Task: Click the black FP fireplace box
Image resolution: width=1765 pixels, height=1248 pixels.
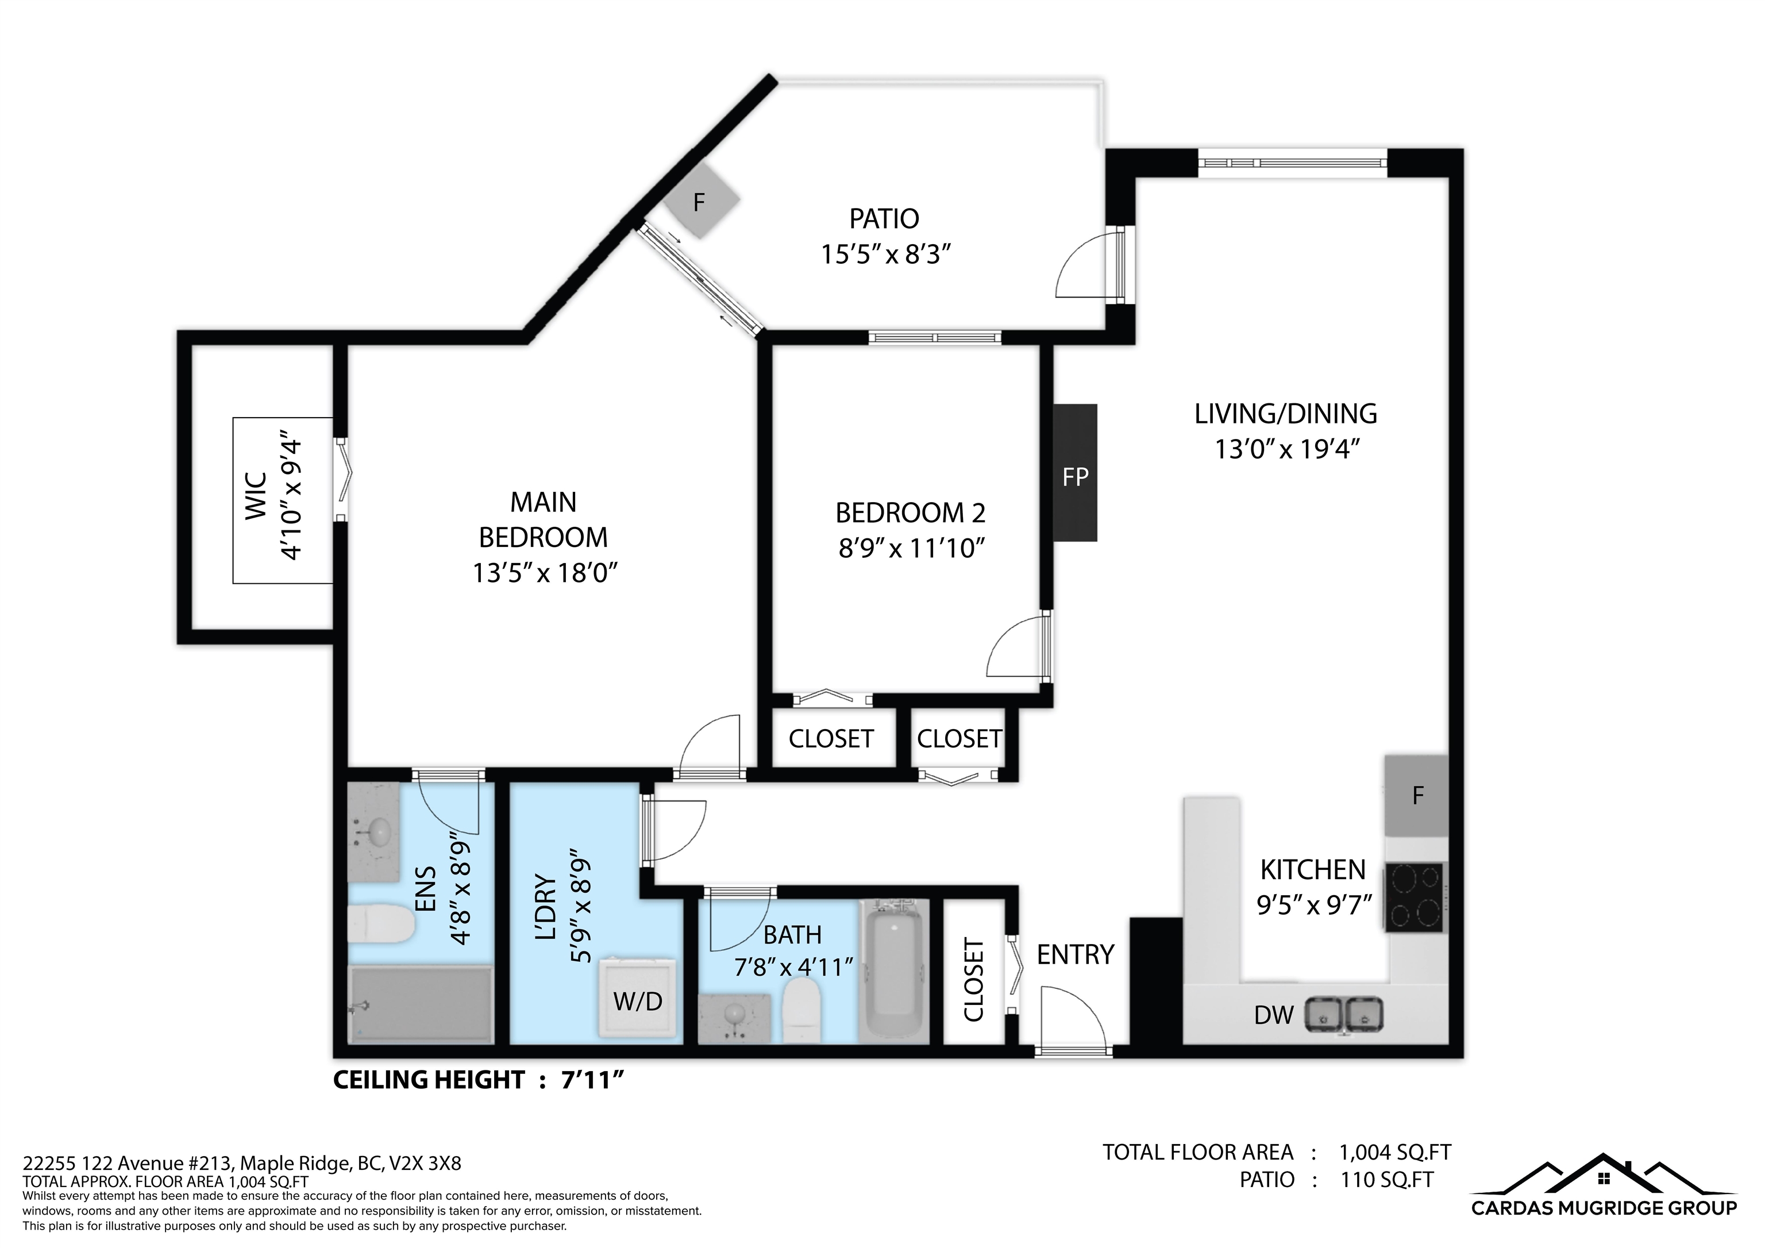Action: click(1074, 473)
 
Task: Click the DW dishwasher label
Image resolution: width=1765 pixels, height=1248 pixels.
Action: click(1274, 1015)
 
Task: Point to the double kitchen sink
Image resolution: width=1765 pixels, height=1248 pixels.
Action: click(1344, 1014)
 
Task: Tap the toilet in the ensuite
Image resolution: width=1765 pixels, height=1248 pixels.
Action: click(381, 923)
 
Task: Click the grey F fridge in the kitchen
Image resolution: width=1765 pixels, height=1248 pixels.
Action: click(1417, 796)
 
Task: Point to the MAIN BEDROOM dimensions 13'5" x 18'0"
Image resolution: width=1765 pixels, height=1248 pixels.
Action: click(545, 573)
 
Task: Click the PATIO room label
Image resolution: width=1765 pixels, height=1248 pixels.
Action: click(884, 219)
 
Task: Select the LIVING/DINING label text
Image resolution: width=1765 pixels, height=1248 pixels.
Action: click(1285, 414)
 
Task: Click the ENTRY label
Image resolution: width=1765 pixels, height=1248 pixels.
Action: click(1076, 954)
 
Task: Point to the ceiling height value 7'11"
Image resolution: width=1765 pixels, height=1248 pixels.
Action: click(592, 1080)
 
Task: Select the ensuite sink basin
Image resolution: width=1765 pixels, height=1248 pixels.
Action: click(379, 831)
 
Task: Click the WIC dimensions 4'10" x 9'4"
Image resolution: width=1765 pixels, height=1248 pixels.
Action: click(291, 500)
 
